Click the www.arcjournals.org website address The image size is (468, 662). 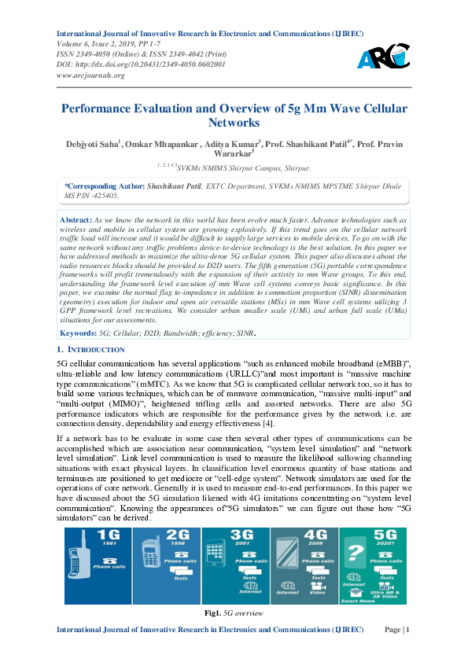[x=92, y=75]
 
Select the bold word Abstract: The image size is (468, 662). [x=77, y=219]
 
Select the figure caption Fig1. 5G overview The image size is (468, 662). [x=233, y=612]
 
